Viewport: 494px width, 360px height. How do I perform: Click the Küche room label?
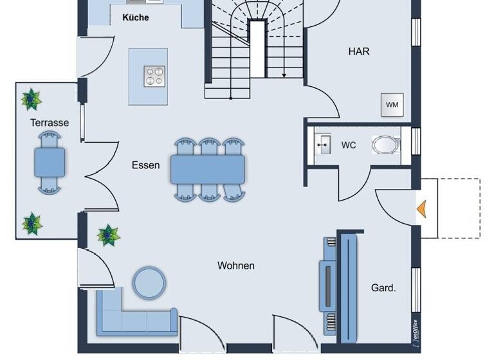click(x=135, y=17)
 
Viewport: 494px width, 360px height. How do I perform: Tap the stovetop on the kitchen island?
click(x=154, y=76)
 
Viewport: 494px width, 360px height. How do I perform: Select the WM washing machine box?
click(x=392, y=105)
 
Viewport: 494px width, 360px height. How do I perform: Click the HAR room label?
click(x=359, y=51)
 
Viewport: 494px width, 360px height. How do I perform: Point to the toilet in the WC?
click(x=385, y=145)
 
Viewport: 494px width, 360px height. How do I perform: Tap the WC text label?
click(x=349, y=145)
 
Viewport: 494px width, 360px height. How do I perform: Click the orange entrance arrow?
click(x=422, y=209)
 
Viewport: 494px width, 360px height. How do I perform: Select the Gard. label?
click(x=383, y=288)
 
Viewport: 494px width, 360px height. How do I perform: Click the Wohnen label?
click(x=235, y=265)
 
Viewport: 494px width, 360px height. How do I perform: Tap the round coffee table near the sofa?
click(x=149, y=282)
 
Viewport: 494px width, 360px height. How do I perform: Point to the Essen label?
click(x=145, y=165)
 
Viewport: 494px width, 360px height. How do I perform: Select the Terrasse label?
click(x=49, y=122)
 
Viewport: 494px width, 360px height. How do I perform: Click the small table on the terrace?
click(x=50, y=161)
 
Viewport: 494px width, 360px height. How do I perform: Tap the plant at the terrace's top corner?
click(x=30, y=100)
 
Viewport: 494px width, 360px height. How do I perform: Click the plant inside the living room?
click(x=109, y=235)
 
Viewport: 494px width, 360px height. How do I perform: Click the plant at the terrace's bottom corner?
click(x=32, y=224)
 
